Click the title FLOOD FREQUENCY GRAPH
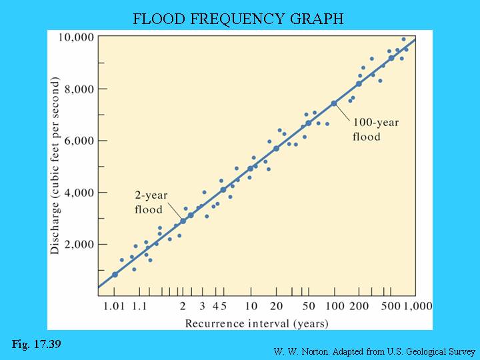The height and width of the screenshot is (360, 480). (x=238, y=19)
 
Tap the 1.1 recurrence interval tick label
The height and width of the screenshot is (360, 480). (x=139, y=307)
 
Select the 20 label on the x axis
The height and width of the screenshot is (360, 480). (x=276, y=307)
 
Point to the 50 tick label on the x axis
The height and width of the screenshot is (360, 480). (x=308, y=307)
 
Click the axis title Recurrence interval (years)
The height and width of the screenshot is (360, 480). (x=257, y=323)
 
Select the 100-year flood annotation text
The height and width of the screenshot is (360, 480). (x=367, y=130)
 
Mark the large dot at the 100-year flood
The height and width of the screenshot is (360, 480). (x=334, y=103)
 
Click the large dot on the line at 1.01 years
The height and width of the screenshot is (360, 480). (x=115, y=274)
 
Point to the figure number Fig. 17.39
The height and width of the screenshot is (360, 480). (x=37, y=344)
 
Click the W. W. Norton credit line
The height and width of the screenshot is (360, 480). (x=374, y=351)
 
